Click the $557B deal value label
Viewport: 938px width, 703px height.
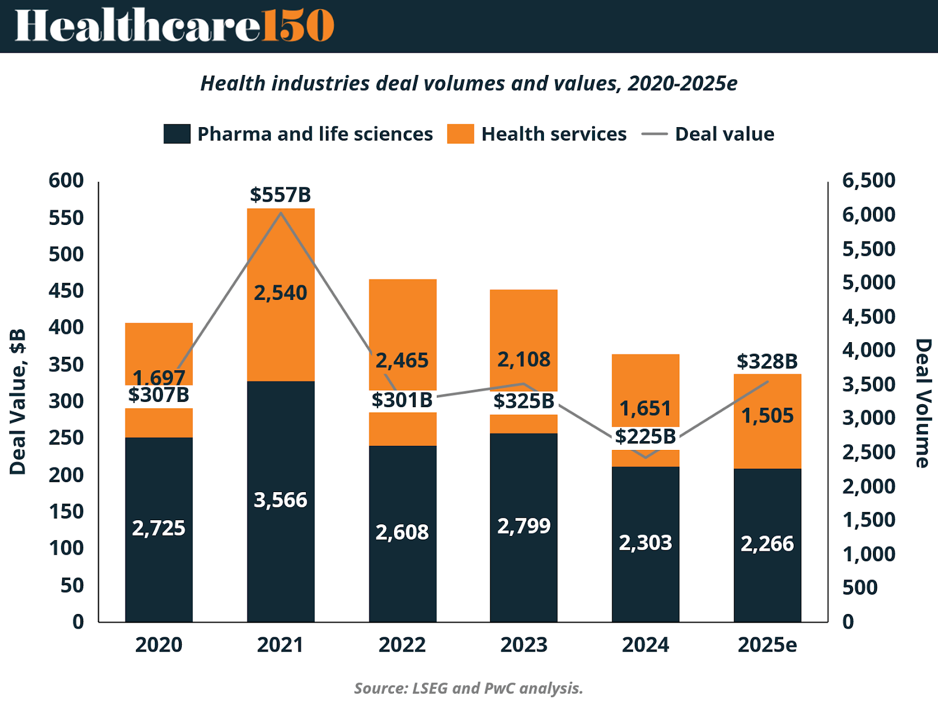280,194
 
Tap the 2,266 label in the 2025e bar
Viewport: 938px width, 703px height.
767,544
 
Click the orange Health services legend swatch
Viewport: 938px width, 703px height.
460,134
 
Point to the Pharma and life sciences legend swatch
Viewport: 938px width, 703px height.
177,134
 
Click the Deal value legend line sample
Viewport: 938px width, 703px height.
654,134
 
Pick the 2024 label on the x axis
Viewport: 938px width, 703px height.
645,644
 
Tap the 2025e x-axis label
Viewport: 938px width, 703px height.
767,644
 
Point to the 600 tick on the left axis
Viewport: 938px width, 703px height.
66,180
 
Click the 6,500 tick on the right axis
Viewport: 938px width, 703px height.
869,180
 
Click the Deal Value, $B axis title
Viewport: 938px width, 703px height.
18,401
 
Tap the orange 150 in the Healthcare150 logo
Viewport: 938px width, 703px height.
298,26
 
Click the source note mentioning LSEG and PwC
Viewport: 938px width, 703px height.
468,688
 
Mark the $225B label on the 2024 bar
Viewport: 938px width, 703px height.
645,436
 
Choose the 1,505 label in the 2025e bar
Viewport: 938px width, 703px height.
767,416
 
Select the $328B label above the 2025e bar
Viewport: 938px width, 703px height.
767,361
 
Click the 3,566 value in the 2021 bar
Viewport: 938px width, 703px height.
280,500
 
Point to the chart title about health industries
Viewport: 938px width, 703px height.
468,84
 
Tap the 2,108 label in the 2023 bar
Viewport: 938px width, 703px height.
524,359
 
